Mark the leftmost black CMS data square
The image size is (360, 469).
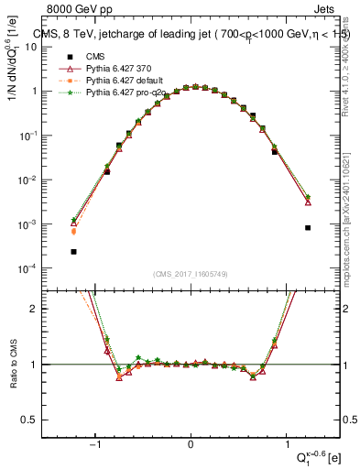tap(73, 251)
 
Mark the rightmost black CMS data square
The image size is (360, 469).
tap(308, 227)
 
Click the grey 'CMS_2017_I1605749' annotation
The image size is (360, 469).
tap(191, 274)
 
